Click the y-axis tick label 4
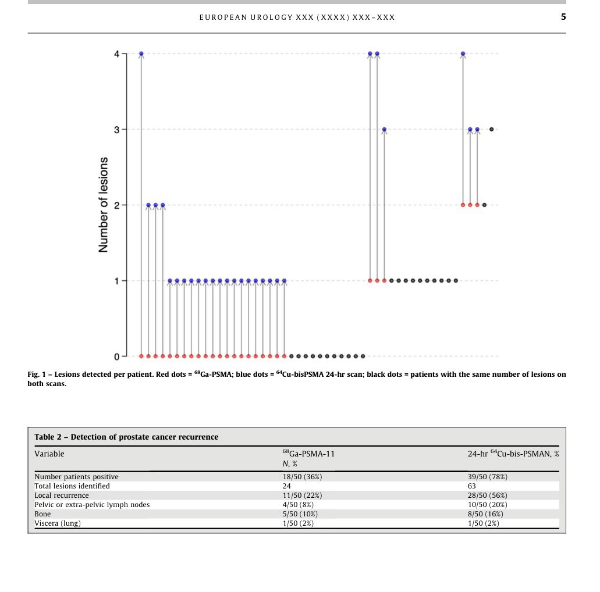coord(117,54)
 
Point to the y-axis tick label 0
coord(117,356)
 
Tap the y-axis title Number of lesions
coord(104,205)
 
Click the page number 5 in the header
coord(563,17)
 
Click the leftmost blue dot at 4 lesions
coord(141,54)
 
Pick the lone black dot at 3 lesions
coord(492,129)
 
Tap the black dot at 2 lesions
coord(484,205)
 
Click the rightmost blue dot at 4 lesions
coord(463,54)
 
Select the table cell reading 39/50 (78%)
coord(488,477)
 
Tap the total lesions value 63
coord(472,486)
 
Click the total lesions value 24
coord(287,486)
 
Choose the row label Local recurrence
coord(62,495)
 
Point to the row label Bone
coord(42,514)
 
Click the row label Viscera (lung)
coord(58,523)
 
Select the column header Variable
coord(49,454)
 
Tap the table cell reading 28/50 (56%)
coord(488,495)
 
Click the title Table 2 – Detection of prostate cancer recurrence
coord(126,437)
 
